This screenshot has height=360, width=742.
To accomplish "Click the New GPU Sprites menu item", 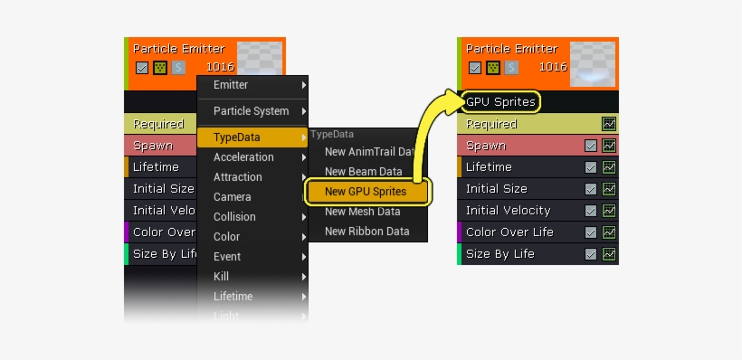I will pyautogui.click(x=366, y=191).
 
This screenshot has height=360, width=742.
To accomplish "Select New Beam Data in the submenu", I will pyautogui.click(x=363, y=171).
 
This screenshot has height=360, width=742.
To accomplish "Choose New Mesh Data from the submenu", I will pyautogui.click(x=362, y=212).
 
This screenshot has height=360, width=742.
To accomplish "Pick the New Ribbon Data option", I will pyautogui.click(x=366, y=232).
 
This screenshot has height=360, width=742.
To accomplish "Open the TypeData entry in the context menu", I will pyautogui.click(x=237, y=137).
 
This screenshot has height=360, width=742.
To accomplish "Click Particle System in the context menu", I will pyautogui.click(x=252, y=111).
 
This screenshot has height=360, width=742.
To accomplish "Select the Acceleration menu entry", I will pyautogui.click(x=243, y=157).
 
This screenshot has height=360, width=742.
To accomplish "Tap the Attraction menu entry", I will pyautogui.click(x=238, y=177).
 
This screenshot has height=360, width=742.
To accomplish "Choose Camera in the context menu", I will pyautogui.click(x=233, y=197).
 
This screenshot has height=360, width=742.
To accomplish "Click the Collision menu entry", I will pyautogui.click(x=234, y=217).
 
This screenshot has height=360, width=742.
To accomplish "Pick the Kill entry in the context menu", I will pyautogui.click(x=223, y=276).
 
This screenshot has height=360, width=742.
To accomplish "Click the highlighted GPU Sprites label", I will pyautogui.click(x=500, y=101).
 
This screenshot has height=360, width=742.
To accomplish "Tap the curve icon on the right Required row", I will pyautogui.click(x=609, y=124).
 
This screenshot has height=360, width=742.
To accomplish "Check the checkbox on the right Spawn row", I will pyautogui.click(x=591, y=146).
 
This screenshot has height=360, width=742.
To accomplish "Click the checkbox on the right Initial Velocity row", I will pyautogui.click(x=591, y=211).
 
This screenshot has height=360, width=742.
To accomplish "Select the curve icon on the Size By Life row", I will pyautogui.click(x=609, y=254).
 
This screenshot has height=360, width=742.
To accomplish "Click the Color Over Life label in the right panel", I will pyautogui.click(x=509, y=232).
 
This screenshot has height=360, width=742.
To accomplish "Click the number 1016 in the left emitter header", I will pyautogui.click(x=220, y=67).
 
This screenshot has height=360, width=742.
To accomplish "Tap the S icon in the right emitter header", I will pyautogui.click(x=512, y=67).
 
